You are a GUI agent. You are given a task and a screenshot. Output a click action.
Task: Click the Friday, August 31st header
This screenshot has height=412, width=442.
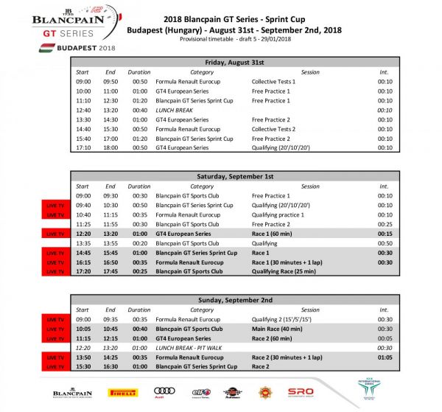pos(235,62)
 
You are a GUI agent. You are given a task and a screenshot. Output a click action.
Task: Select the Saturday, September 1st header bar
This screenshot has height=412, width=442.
pos(235,176)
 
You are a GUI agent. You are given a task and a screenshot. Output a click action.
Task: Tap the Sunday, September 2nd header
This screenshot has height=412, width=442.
pos(235,300)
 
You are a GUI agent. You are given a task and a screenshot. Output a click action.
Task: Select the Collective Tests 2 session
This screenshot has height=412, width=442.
pos(273,128)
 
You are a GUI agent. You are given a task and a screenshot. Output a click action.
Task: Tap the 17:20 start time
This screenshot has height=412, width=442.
pos(83,271)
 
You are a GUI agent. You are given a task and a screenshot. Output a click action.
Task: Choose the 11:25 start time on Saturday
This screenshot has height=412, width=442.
pos(83,224)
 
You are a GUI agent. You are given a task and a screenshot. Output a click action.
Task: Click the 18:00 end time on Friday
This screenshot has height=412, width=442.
pos(110,147)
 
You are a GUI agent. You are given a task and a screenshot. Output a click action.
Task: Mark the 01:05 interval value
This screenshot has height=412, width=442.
pos(385,357)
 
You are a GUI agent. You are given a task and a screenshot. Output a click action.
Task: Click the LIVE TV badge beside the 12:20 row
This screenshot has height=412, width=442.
pos(56,234)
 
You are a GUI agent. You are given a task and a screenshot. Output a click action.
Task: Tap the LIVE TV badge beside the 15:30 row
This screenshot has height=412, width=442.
pos(56,366)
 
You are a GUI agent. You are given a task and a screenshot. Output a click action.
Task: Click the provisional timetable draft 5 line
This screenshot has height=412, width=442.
pos(235,39)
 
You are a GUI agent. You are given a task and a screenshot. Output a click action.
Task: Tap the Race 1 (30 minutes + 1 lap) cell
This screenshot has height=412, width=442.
pos(287,262)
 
